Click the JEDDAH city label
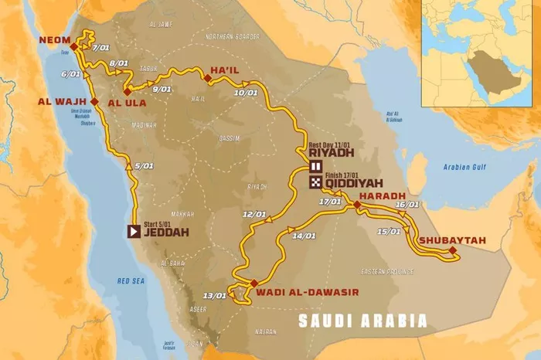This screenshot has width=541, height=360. coord(167,230)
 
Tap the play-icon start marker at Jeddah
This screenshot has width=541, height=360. coord(133,230)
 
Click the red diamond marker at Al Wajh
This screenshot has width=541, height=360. coord(94,101)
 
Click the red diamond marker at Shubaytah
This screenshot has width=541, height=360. coord(452,250)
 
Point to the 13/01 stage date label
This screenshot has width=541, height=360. coord(214,295)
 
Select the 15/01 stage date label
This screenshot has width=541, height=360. coord(390,232)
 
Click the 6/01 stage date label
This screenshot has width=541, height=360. coord(70,74)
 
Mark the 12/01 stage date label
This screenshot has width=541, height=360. coord(253,214)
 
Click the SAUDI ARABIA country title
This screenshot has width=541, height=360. coord(362,321)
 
